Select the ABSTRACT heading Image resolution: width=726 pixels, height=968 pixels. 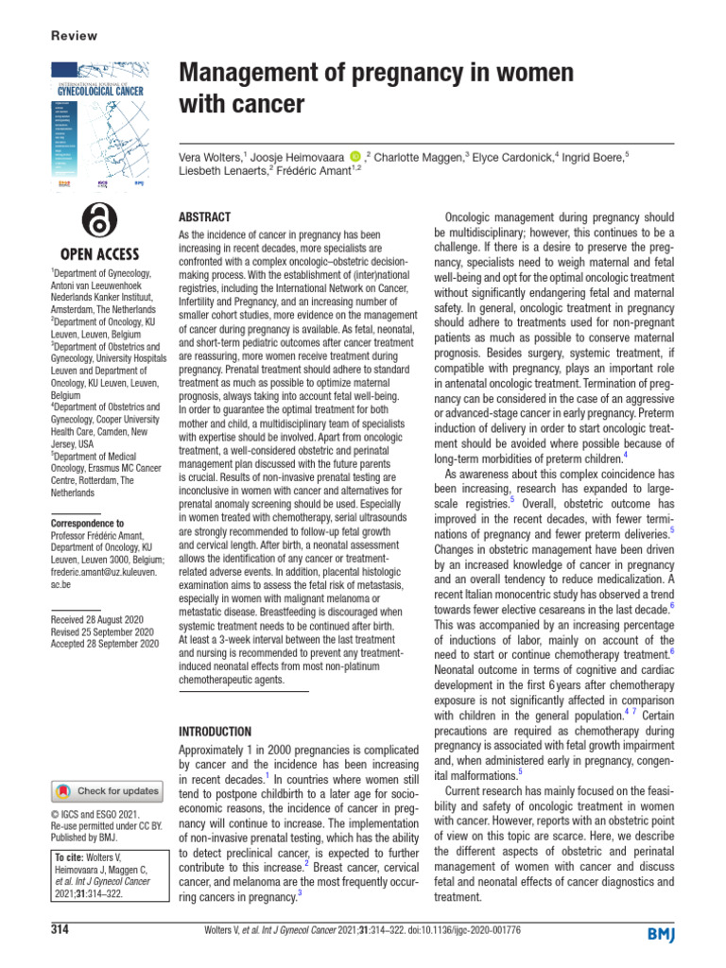point(205,216)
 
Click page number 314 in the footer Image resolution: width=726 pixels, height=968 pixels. point(61,930)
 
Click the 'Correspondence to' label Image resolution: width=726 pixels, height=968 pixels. point(86,523)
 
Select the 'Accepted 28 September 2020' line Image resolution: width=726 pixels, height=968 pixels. point(104,643)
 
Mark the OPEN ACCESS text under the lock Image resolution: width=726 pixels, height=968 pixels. point(99,254)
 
